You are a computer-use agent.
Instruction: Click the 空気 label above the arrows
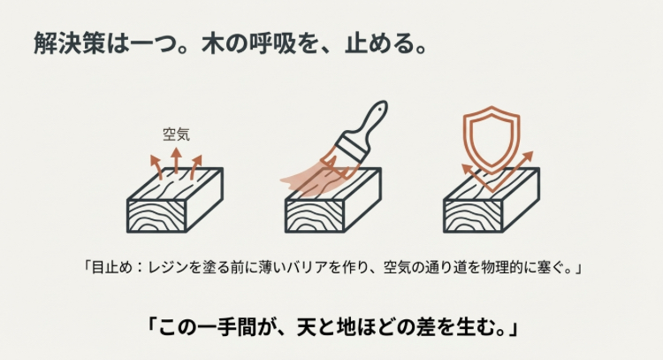(x=176, y=135)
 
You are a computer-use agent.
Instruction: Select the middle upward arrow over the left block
(x=176, y=160)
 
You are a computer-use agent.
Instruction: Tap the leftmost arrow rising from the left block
(x=155, y=165)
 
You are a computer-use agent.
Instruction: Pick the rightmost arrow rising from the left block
(x=196, y=165)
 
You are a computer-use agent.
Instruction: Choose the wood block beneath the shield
(x=491, y=208)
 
